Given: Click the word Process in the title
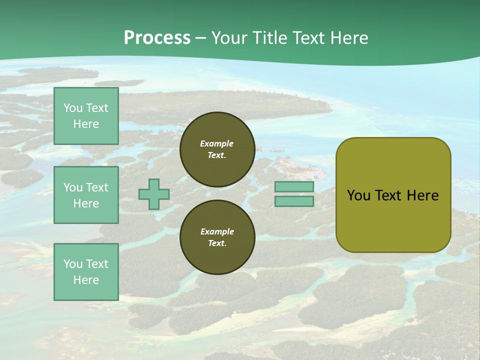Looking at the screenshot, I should click(157, 38).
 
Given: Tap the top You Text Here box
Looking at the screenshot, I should click(86, 116).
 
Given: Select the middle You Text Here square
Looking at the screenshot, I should click(86, 195).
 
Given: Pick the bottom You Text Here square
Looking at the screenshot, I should click(86, 271).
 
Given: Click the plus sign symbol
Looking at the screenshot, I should click(154, 194).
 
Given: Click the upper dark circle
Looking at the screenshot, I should click(217, 149).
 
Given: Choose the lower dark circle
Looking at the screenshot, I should click(217, 237).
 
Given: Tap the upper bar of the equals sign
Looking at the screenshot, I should click(294, 187).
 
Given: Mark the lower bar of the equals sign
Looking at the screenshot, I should click(294, 201).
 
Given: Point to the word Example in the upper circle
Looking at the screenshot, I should click(217, 143).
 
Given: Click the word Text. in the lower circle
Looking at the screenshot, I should click(217, 243).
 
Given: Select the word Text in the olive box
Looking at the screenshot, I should click(388, 195).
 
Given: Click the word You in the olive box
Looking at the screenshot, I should click(359, 195).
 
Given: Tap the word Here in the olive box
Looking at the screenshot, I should click(422, 195).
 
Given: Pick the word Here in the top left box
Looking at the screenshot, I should click(86, 124).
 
